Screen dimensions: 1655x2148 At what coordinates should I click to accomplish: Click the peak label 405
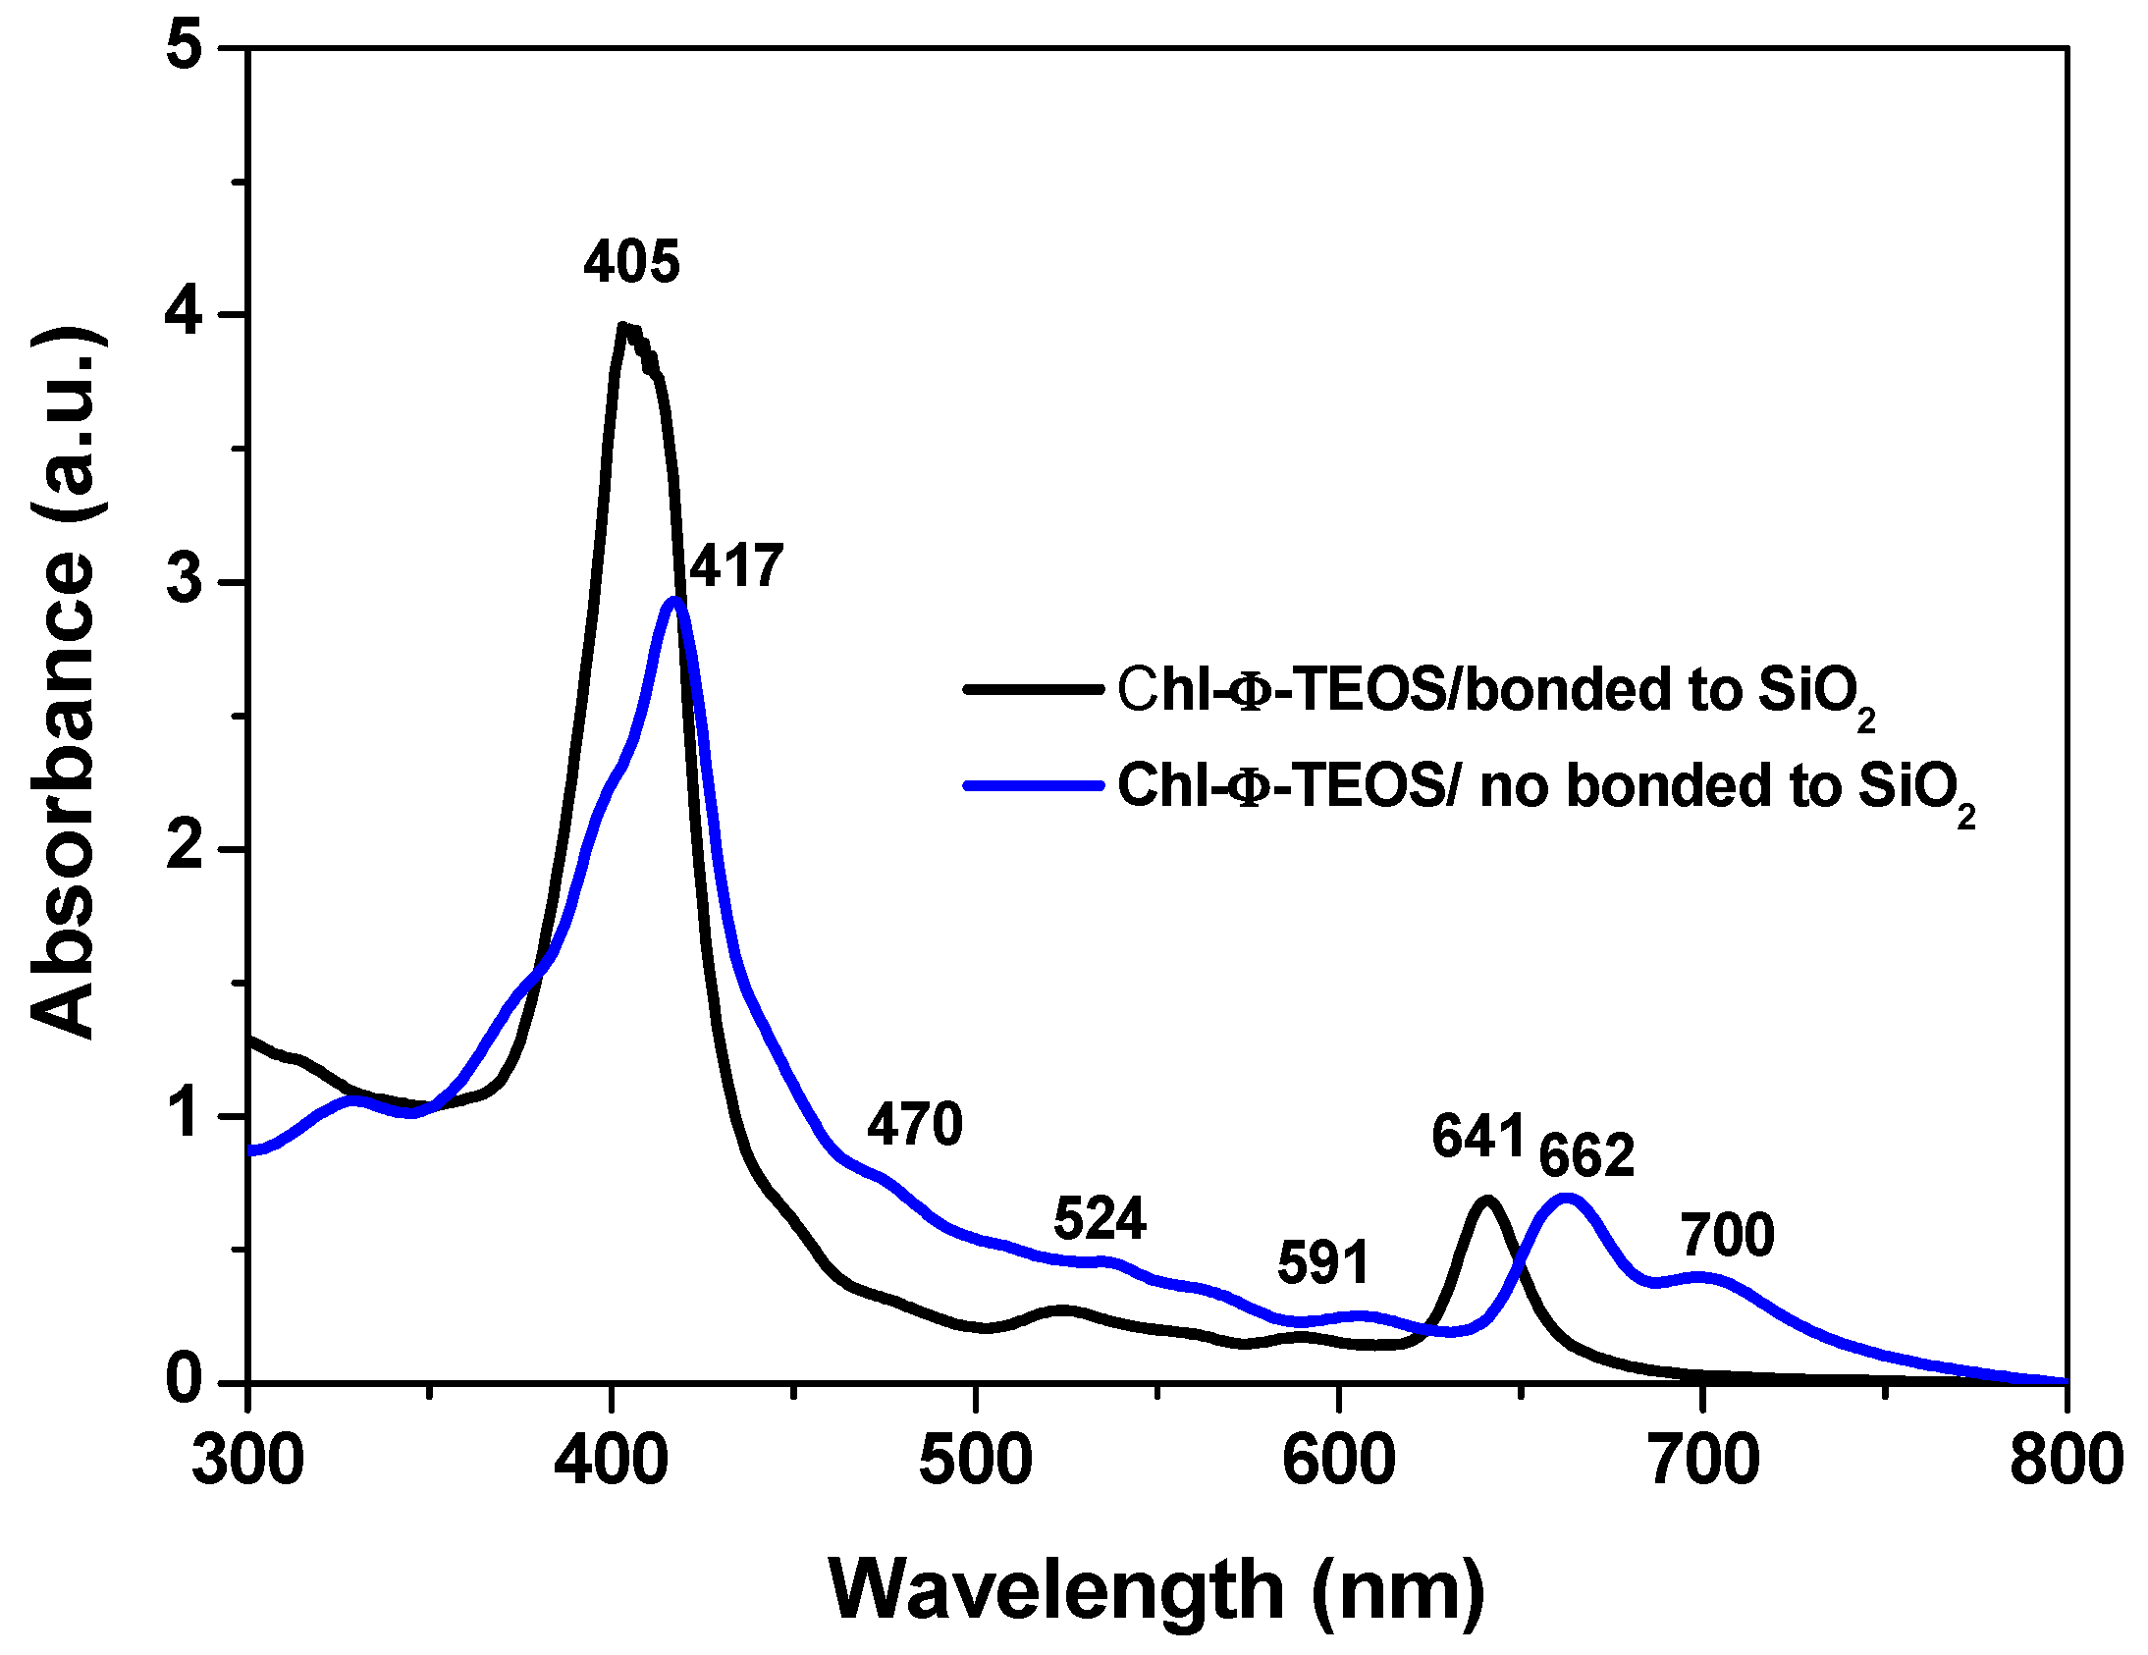click(x=631, y=262)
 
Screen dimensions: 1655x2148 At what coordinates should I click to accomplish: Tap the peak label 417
click(x=735, y=566)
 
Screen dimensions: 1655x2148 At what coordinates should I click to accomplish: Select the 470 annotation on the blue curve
click(x=914, y=1124)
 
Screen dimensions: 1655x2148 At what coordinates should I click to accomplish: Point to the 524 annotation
click(x=1100, y=1219)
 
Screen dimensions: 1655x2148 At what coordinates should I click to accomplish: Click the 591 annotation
click(x=1322, y=1262)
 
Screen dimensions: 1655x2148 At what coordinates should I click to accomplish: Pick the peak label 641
click(x=1477, y=1137)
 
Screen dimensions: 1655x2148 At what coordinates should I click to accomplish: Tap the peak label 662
click(x=1585, y=1155)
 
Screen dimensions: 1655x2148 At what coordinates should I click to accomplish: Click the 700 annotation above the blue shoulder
click(x=1727, y=1235)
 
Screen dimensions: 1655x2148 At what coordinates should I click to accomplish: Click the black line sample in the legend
click(x=1033, y=689)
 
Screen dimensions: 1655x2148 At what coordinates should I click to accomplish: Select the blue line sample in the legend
click(x=1033, y=784)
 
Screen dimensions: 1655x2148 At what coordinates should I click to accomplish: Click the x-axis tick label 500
click(x=975, y=1461)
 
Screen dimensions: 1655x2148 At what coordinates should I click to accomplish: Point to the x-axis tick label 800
click(x=2066, y=1461)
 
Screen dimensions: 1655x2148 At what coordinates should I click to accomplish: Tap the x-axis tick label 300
click(x=247, y=1461)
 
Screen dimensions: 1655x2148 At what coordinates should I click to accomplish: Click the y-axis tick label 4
click(x=188, y=315)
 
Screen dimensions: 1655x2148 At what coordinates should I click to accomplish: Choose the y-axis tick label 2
click(x=188, y=848)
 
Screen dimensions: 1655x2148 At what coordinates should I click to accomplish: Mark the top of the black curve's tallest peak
click(x=622, y=326)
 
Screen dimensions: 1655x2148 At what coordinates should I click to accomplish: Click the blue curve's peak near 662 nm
click(x=1566, y=1198)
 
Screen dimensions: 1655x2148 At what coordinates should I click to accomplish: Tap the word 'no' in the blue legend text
click(x=1516, y=786)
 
